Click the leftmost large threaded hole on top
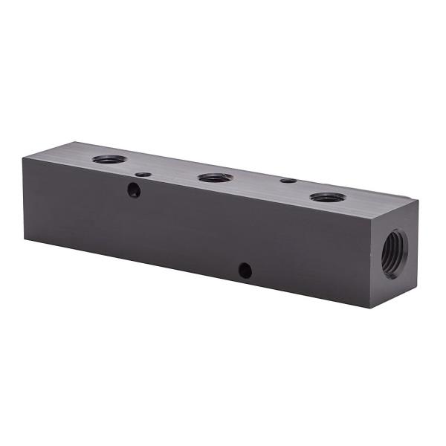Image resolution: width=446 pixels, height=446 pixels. point(109,158)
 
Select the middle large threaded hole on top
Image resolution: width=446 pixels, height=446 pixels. point(216,178)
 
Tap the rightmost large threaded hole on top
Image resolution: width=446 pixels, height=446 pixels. point(327,198)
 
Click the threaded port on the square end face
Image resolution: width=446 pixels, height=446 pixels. point(395,253)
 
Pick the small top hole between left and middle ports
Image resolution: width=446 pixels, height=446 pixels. point(144,175)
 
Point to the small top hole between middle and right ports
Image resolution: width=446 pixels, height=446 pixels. point(288,180)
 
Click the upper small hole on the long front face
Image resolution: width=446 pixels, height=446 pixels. point(134,190)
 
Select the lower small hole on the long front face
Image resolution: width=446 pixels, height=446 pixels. point(245,271)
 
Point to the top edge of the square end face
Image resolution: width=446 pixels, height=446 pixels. point(395,209)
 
